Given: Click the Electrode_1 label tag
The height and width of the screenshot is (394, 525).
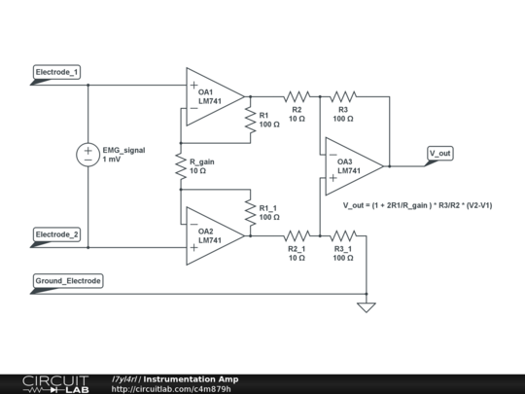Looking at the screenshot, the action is pyautogui.click(x=56, y=72).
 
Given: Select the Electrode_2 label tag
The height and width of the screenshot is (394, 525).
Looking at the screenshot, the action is pyautogui.click(x=56, y=234).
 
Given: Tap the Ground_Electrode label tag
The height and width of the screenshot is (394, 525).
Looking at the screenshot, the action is pyautogui.click(x=68, y=281).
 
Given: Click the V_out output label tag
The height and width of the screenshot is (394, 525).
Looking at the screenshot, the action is pyautogui.click(x=440, y=154).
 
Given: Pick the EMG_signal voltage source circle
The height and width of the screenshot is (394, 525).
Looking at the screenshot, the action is pyautogui.click(x=88, y=155).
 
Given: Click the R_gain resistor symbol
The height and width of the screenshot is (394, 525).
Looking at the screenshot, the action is pyautogui.click(x=181, y=166).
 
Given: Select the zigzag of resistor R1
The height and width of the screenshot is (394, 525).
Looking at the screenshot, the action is pyautogui.click(x=251, y=120).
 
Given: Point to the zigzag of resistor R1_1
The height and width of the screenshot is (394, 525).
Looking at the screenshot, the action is pyautogui.click(x=251, y=213).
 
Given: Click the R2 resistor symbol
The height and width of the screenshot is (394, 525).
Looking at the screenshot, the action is pyautogui.click(x=297, y=97).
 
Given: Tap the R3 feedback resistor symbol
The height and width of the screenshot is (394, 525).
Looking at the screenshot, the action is pyautogui.click(x=343, y=97).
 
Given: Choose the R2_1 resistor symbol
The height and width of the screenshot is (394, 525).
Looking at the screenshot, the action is pyautogui.click(x=297, y=236).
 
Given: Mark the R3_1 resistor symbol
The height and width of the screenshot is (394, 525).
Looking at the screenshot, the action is pyautogui.click(x=343, y=236).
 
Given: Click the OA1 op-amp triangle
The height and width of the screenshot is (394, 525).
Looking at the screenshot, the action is pyautogui.click(x=215, y=97).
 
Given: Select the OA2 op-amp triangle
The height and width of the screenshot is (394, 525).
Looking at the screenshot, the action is pyautogui.click(x=215, y=236).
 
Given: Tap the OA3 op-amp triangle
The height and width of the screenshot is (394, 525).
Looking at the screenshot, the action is pyautogui.click(x=354, y=166).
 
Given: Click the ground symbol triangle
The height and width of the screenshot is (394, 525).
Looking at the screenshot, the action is pyautogui.click(x=367, y=307).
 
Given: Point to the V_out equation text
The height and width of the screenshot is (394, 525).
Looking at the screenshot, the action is pyautogui.click(x=417, y=205).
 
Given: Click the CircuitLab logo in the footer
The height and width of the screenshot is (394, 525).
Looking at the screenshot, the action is pyautogui.click(x=55, y=384).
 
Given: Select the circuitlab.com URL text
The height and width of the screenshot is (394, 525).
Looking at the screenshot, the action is pyautogui.click(x=171, y=389).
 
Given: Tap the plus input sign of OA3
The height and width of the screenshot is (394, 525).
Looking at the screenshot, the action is pyautogui.click(x=332, y=178).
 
